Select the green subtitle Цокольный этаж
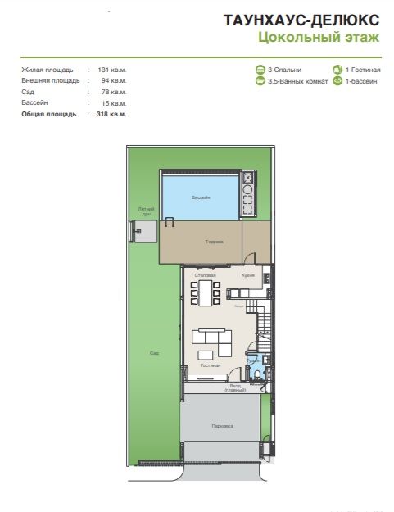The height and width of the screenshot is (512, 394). [318, 37]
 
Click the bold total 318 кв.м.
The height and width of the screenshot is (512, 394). [111, 114]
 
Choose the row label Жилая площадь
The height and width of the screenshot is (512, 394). [48, 70]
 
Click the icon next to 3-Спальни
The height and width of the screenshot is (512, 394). [260, 70]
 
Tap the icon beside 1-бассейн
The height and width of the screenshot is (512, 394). [337, 81]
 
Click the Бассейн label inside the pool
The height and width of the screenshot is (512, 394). [201, 199]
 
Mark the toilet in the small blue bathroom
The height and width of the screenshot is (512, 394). [257, 376]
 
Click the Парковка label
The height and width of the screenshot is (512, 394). [221, 426]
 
